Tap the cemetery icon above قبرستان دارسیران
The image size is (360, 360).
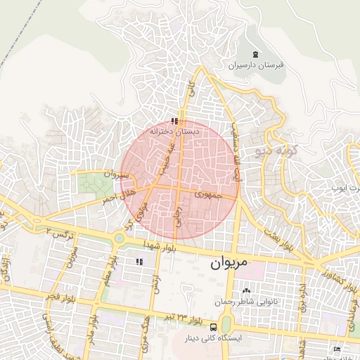point(255,54)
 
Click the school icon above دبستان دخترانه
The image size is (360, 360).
point(175,121)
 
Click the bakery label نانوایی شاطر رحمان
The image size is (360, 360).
point(245,302)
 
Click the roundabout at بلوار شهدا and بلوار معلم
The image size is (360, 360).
point(120,238)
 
